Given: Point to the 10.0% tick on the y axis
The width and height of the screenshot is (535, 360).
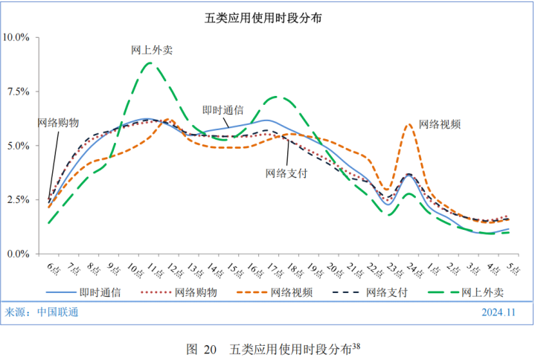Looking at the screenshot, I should pos(16,37).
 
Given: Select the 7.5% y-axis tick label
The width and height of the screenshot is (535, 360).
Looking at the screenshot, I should pos(17,91).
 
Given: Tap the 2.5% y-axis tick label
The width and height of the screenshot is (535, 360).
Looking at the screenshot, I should pos(17,200).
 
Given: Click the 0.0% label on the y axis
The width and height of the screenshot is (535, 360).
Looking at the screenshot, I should pos(17,254).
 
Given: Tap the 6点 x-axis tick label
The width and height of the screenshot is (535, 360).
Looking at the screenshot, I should pos(52,267).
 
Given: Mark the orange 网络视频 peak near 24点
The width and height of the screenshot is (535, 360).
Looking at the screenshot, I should pos(409,124).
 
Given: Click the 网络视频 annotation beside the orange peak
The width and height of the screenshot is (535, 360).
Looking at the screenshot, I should pos(440,124).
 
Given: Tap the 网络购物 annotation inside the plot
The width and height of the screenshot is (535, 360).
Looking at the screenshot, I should pos(58,123).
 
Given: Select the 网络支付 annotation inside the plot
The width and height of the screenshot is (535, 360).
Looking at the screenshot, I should pos(286,172).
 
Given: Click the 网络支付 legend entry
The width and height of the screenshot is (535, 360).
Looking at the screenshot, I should pos(385,292).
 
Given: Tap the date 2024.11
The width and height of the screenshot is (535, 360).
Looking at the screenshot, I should pos(499,312).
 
